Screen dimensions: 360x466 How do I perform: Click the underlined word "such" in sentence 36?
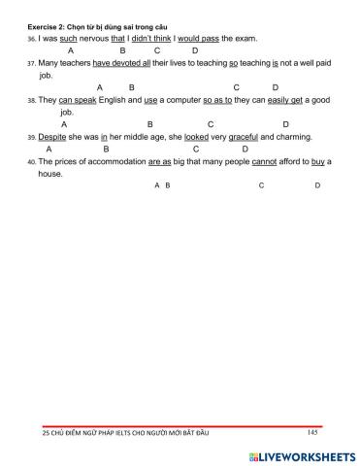tap(68, 38)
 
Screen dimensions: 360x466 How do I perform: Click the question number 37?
tap(31, 62)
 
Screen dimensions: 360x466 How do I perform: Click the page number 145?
tap(311, 432)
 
